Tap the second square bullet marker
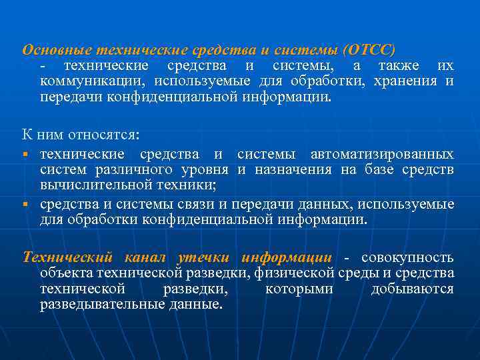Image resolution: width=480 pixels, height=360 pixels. point(24,204)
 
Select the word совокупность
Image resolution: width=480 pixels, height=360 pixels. point(407,257)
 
